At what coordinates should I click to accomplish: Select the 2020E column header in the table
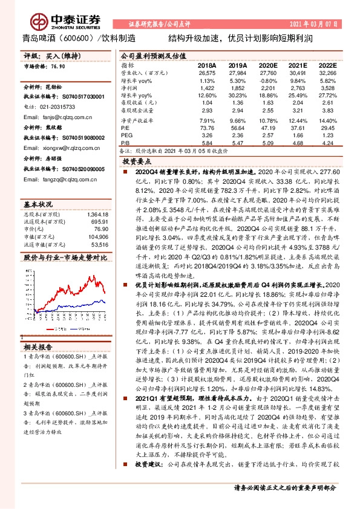267,65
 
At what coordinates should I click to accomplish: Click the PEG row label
126,136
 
